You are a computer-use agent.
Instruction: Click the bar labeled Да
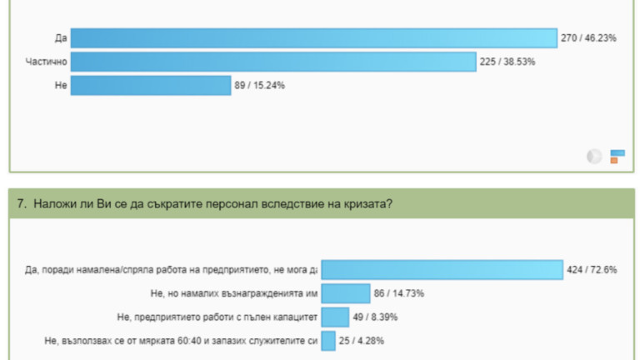click(x=313, y=38)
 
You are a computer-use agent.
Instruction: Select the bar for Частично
click(x=272, y=62)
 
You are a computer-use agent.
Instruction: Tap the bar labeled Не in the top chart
click(x=150, y=85)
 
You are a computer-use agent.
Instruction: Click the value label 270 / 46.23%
click(x=589, y=38)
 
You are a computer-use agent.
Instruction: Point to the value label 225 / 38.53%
click(x=507, y=62)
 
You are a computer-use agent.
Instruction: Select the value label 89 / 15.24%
click(x=261, y=85)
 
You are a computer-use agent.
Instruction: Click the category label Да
click(x=60, y=38)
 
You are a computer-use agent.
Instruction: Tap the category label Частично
click(x=46, y=62)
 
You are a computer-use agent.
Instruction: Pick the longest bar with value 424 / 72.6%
click(x=442, y=269)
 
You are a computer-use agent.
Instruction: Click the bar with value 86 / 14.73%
click(x=346, y=293)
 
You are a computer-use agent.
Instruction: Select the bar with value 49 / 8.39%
click(x=335, y=317)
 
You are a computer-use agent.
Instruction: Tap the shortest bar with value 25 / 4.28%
click(x=328, y=340)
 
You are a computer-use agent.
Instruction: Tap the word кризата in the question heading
click(x=367, y=203)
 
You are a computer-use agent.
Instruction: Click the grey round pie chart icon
click(x=594, y=156)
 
